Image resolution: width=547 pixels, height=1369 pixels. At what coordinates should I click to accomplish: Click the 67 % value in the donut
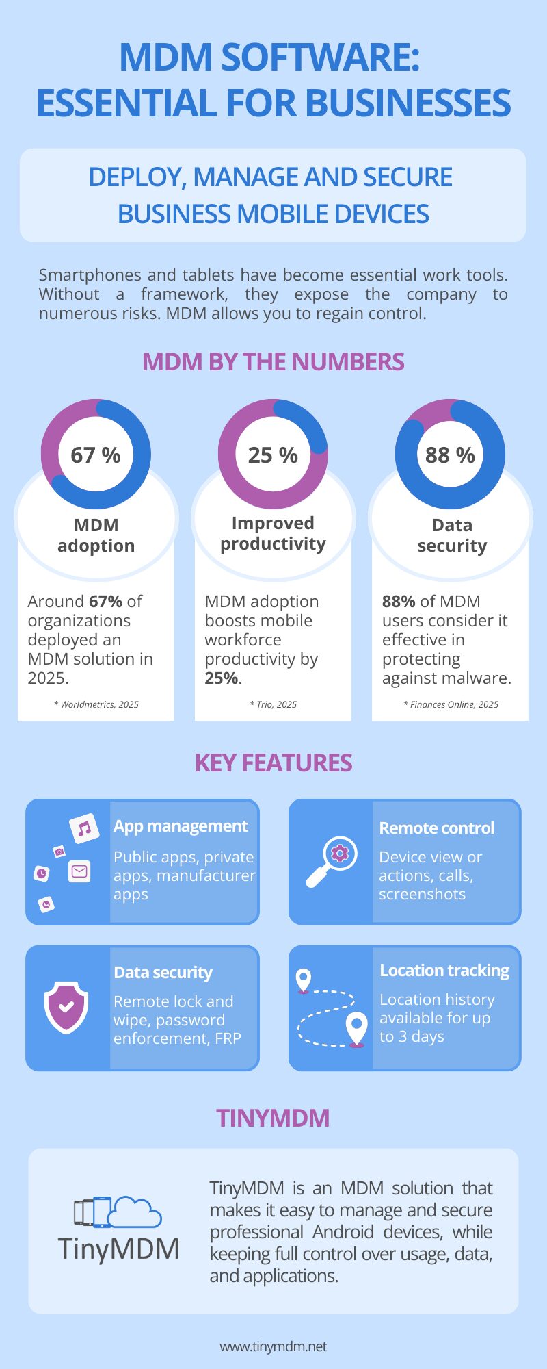pyautogui.click(x=96, y=455)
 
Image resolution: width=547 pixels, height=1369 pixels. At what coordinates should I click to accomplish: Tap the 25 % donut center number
pyautogui.click(x=273, y=455)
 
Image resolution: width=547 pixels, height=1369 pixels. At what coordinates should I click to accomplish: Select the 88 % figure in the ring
pyautogui.click(x=450, y=455)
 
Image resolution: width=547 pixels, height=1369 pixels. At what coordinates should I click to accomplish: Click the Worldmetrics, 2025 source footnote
pyautogui.click(x=96, y=704)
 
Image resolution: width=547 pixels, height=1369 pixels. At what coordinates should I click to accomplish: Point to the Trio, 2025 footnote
pyautogui.click(x=273, y=704)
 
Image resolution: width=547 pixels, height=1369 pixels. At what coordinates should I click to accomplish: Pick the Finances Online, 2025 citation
pyautogui.click(x=451, y=704)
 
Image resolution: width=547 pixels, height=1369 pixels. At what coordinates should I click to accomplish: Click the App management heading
pyautogui.click(x=181, y=826)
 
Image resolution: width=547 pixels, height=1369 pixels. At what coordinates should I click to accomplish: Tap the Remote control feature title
pyautogui.click(x=436, y=828)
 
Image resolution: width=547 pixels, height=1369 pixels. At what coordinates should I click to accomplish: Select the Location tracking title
pyautogui.click(x=444, y=971)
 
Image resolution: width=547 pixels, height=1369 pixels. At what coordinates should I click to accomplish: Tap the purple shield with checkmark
pyautogui.click(x=66, y=1007)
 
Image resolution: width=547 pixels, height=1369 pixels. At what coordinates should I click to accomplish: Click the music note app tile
pyautogui.click(x=84, y=829)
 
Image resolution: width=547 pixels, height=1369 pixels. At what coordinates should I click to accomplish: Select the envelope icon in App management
pyautogui.click(x=79, y=871)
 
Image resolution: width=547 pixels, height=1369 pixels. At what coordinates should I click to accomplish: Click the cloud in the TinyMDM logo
pyautogui.click(x=135, y=1212)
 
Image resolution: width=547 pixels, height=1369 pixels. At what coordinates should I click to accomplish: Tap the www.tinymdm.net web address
pyautogui.click(x=273, y=1346)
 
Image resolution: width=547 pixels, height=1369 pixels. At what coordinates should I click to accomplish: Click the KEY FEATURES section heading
pyautogui.click(x=273, y=763)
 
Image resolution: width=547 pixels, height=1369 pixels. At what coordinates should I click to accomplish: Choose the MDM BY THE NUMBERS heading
pyautogui.click(x=273, y=362)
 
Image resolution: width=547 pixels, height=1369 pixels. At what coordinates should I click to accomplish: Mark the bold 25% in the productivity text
pyautogui.click(x=222, y=678)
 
